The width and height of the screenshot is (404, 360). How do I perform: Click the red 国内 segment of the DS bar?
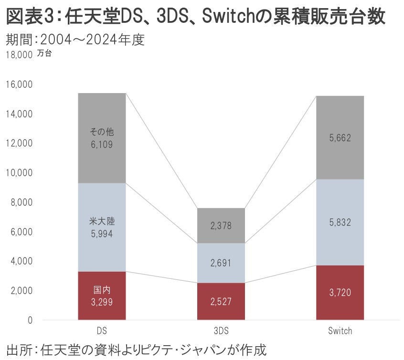[x=101, y=296]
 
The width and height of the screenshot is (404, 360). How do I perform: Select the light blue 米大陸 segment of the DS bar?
[x=101, y=227]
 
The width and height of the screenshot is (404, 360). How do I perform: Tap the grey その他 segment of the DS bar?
[x=101, y=138]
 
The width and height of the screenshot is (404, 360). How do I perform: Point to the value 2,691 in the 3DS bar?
[x=221, y=263]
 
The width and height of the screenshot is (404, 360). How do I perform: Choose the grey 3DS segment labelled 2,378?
[x=221, y=226]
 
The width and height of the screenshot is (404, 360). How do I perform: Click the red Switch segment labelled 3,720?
[x=340, y=293]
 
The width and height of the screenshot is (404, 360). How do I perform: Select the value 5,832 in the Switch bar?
[x=340, y=222]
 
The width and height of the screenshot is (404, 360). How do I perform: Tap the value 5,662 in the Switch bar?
[x=340, y=138]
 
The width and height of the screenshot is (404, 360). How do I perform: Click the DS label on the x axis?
[x=101, y=331]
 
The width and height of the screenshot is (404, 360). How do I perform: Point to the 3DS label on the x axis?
[x=221, y=331]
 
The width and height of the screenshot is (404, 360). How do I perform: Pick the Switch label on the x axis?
[x=340, y=331]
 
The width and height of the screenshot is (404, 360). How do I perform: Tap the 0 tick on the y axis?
[x=29, y=320]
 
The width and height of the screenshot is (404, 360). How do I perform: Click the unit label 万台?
[x=44, y=53]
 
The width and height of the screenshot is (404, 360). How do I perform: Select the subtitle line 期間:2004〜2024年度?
[x=75, y=40]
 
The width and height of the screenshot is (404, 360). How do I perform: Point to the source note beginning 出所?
[x=136, y=349]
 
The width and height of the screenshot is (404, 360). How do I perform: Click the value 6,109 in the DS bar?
[x=101, y=144]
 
